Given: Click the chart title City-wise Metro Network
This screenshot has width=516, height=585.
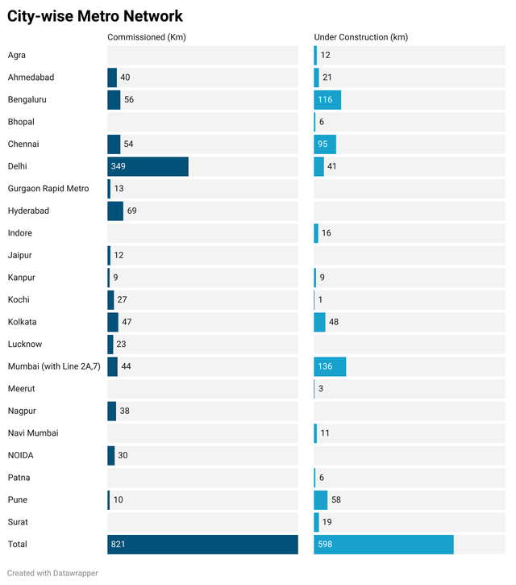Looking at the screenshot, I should (x=95, y=16).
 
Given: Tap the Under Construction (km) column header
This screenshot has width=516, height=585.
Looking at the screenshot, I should (x=360, y=38).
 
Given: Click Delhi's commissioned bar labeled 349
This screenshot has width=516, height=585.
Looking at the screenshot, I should (x=148, y=166).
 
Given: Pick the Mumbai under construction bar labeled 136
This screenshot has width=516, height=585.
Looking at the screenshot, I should (x=330, y=366).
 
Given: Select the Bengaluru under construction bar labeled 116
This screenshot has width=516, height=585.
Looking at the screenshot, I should (x=327, y=100).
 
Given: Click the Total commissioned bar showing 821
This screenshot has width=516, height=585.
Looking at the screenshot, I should (x=202, y=545).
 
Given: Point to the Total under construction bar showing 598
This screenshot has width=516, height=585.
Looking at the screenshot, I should (x=384, y=545).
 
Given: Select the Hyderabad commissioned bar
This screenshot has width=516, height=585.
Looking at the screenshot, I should (x=115, y=211).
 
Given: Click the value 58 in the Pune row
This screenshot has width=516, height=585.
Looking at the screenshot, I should (x=336, y=500).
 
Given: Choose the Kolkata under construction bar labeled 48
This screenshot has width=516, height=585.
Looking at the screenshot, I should (x=320, y=322).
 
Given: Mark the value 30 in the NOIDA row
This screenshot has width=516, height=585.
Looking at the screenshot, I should (x=123, y=456).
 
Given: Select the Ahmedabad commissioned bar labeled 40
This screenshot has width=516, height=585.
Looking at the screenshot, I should (x=112, y=77).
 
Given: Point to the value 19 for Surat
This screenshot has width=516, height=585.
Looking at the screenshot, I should (x=327, y=522).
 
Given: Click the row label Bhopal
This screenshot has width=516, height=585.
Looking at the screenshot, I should (x=22, y=122).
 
